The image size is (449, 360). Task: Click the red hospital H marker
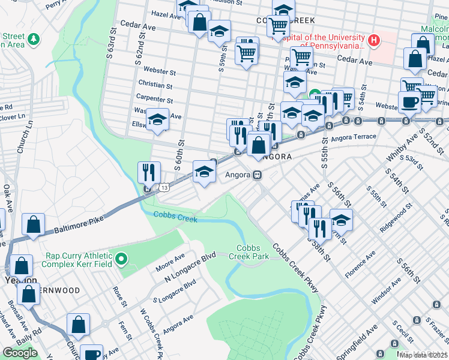coord(375,41)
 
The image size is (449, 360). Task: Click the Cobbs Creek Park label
coord(252,252)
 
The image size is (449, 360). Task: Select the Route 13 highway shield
coord(164,188)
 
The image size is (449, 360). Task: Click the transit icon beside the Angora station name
coord(257,175)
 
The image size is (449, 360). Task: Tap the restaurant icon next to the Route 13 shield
coord(148,173)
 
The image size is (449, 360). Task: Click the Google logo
coord(20,353)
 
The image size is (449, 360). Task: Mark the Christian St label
coord(155,85)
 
